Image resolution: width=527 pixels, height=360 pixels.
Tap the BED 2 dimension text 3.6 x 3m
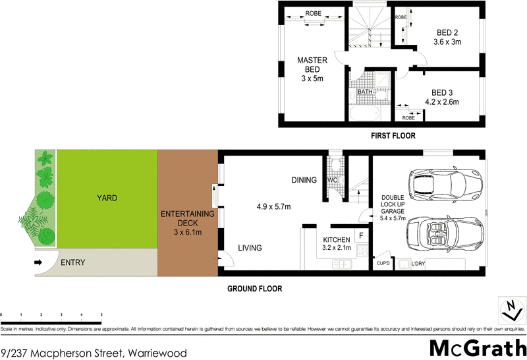coord(447,42)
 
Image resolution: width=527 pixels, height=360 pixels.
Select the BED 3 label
coord(441,92)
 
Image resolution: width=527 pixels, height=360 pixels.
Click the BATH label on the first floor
coord(364,92)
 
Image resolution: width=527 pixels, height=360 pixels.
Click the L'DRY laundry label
coord(418,264)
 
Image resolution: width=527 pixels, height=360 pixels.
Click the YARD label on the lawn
coord(107,197)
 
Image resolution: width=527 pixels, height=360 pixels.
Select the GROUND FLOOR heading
coord(254,289)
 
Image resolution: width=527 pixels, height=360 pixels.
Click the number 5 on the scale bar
coord(101,315)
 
